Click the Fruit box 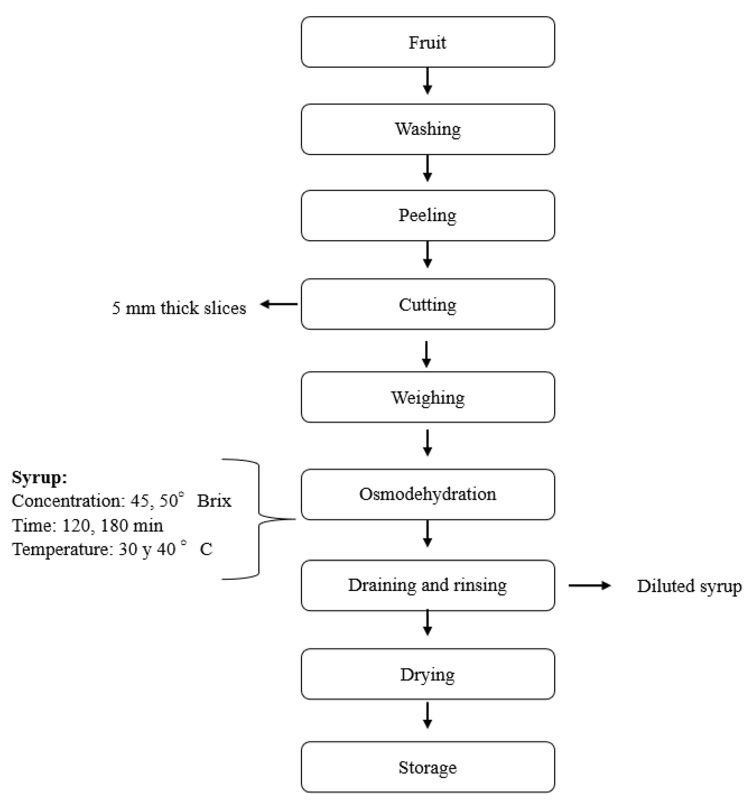tap(428, 42)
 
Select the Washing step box tap(428, 129)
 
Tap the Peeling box tap(428, 215)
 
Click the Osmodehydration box tap(428, 494)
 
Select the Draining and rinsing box tap(428, 585)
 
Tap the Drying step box tap(428, 674)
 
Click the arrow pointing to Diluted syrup tap(589, 585)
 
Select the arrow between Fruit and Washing tap(428, 81)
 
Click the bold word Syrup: tap(39, 477)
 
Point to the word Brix tap(214, 501)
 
